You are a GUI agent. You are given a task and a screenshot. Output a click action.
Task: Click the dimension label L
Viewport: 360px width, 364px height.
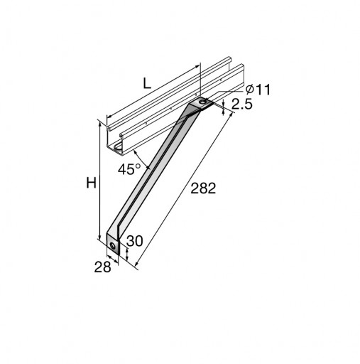tap(147, 84)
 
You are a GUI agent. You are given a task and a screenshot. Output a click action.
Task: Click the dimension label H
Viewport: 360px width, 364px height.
tap(91, 183)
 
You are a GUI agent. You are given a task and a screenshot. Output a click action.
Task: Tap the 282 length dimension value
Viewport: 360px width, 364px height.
tap(203, 188)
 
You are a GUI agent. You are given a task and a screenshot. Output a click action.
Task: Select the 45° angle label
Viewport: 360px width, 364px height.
tap(129, 169)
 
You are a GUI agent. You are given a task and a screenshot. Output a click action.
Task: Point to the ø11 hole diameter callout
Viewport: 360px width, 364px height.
tap(258, 90)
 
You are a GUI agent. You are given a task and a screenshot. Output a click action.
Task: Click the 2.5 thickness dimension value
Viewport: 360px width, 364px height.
tap(242, 104)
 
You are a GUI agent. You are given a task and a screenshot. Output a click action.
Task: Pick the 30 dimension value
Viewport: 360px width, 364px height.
tap(135, 241)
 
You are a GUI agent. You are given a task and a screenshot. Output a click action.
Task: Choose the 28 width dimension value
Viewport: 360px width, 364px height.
tap(102, 267)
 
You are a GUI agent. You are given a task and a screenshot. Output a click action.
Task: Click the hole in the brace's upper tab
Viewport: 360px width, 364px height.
tap(202, 102)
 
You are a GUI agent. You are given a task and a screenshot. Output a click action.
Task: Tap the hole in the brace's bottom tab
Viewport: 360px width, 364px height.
tap(113, 246)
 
